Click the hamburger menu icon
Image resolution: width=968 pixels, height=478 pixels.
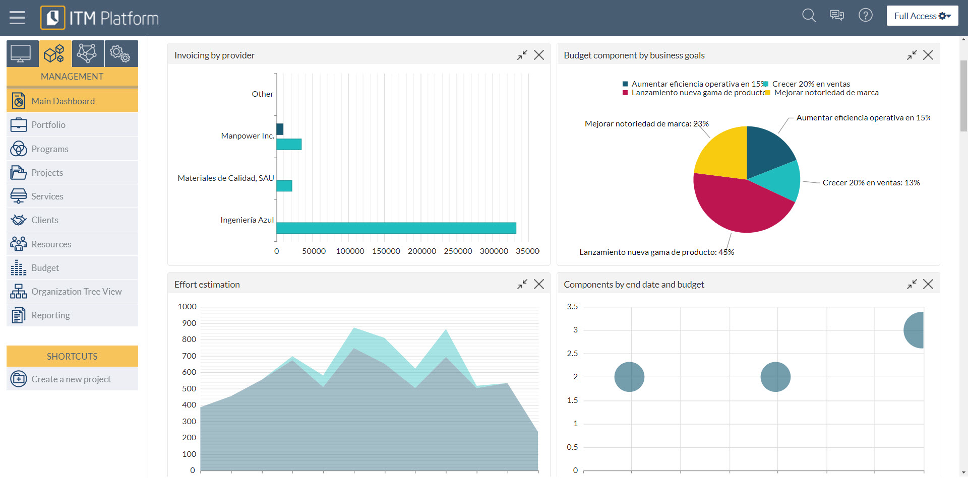point(17,18)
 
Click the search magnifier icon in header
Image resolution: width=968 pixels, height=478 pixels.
point(809,16)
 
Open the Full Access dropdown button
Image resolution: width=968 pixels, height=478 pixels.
point(922,16)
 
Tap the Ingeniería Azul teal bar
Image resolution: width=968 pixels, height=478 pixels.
point(396,228)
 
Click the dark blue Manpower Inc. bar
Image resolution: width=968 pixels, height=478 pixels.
point(280,129)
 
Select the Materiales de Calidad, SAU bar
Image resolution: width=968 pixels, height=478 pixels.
point(284,186)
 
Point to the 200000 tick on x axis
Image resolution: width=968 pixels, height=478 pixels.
point(421,251)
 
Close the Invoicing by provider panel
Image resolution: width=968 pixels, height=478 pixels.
point(539,55)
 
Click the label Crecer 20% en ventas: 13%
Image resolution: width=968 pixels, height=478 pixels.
point(871,183)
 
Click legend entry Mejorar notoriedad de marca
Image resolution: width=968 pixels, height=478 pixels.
point(825,93)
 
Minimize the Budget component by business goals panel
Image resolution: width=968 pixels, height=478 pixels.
point(912,55)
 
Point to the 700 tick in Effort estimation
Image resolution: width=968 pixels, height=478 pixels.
point(189,356)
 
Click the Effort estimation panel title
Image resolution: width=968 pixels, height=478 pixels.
point(207,285)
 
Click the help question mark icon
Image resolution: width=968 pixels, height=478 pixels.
point(865,16)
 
